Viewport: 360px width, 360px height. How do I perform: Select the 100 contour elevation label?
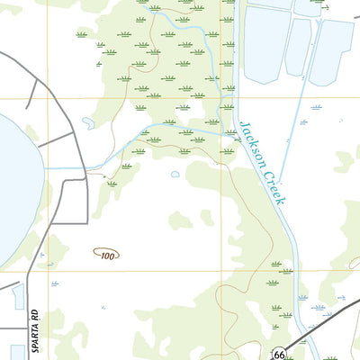[108, 256]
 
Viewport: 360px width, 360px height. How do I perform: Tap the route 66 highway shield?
[280, 355]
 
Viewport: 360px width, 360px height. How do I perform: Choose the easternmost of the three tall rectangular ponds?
[330, 49]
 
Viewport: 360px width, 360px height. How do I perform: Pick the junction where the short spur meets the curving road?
[72, 134]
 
